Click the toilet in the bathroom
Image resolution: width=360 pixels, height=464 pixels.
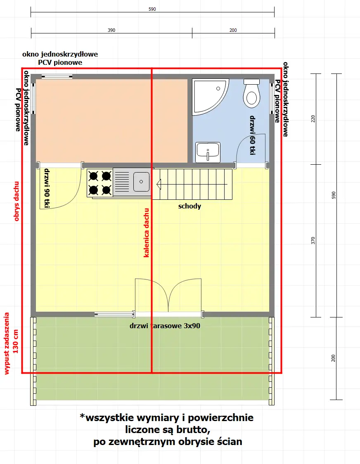click(251, 93)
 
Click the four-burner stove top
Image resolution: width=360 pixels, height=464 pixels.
click(100, 183)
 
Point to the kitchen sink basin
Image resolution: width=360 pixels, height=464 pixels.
click(142, 181)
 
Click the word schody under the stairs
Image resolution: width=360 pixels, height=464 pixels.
click(189, 206)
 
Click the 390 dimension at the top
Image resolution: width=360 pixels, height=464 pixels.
click(111, 30)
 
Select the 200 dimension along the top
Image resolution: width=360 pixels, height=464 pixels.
click(233, 30)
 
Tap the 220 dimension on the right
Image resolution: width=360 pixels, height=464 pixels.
click(313, 119)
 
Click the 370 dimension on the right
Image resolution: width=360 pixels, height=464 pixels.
click(313, 241)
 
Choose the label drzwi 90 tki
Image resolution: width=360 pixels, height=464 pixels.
click(47, 188)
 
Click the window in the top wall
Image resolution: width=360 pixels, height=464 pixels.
click(57, 76)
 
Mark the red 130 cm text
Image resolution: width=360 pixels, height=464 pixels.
click(16, 341)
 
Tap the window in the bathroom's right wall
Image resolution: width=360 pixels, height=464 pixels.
click(272, 98)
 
